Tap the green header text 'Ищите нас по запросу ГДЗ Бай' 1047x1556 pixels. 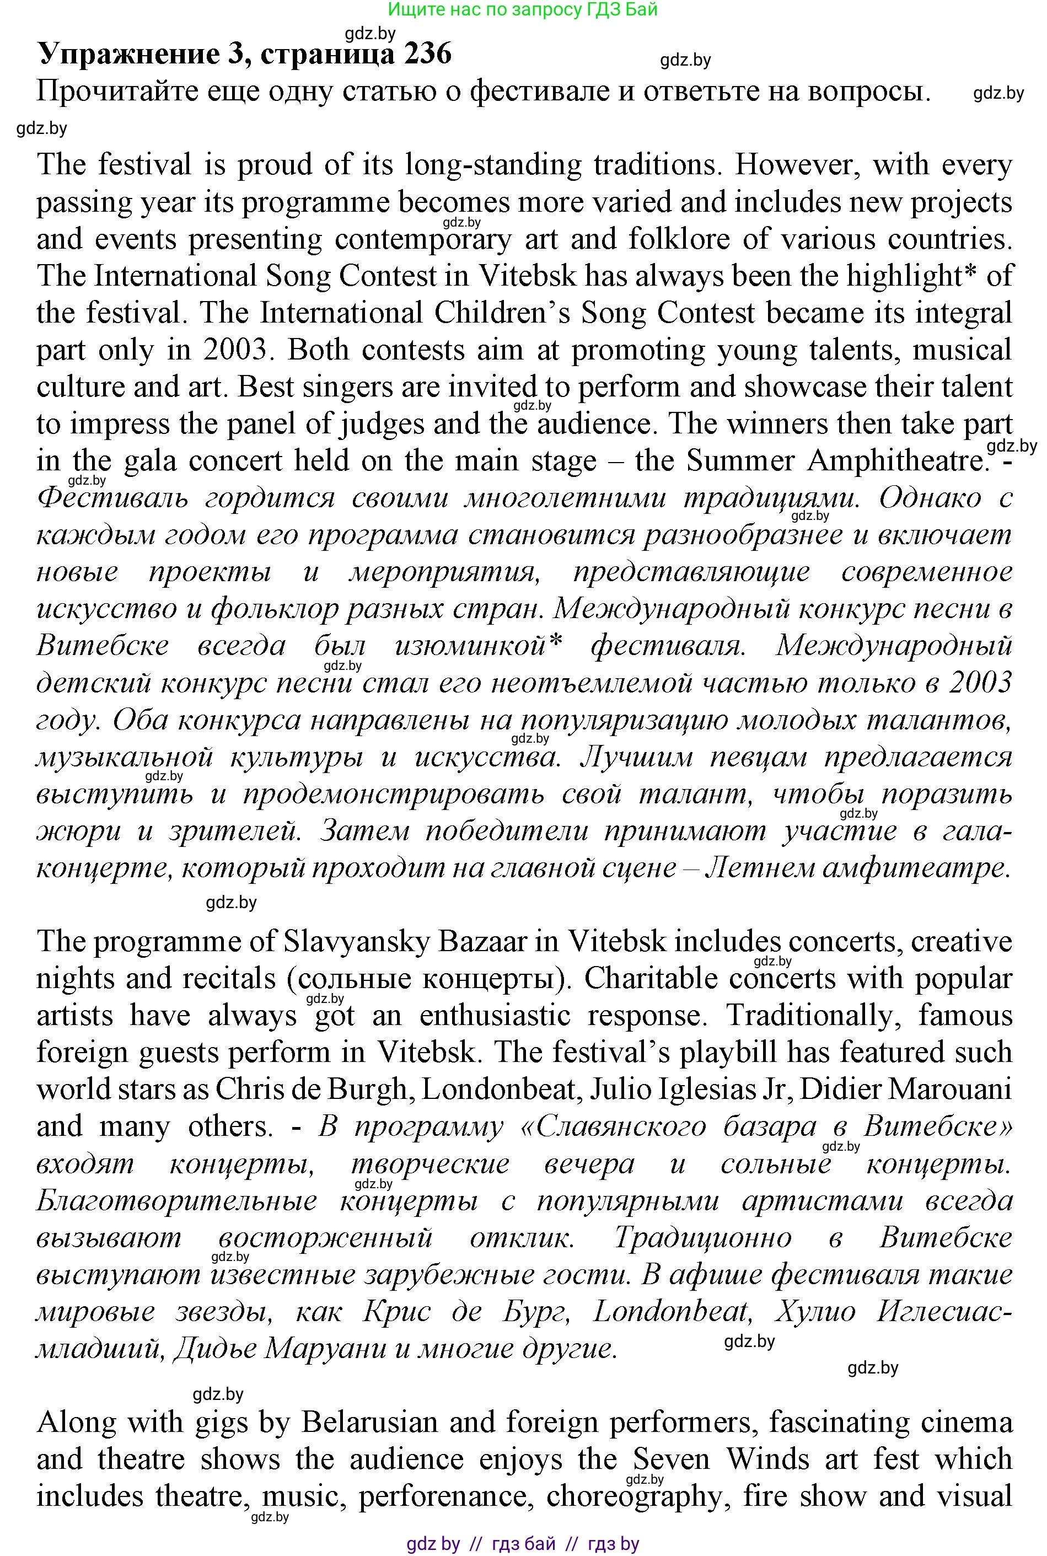(x=523, y=9)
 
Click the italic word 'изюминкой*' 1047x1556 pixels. (x=479, y=646)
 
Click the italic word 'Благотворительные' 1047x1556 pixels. (x=176, y=1201)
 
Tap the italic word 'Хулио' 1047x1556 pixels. (x=814, y=1312)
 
